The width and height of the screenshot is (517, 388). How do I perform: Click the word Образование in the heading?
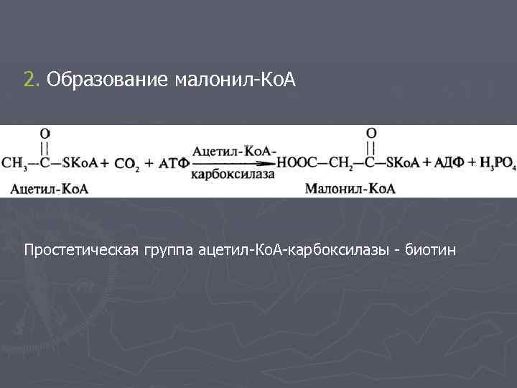[x=107, y=80]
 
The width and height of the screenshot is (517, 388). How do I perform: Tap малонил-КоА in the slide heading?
[x=234, y=80]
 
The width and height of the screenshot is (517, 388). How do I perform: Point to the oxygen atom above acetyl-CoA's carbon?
[x=45, y=134]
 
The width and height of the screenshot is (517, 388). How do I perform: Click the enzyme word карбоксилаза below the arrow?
[x=233, y=175]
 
